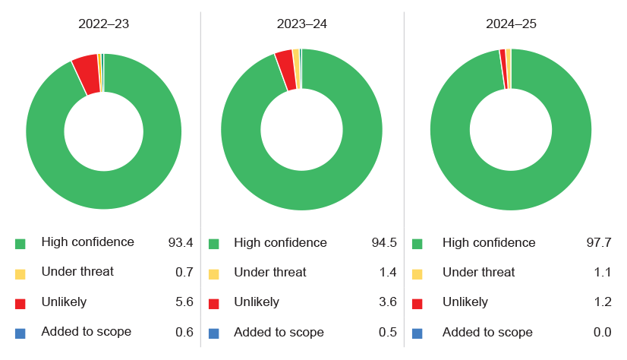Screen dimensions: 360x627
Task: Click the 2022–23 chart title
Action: (x=103, y=24)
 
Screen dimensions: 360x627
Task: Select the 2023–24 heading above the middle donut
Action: (x=302, y=24)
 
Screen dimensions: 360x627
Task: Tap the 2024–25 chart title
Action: (x=511, y=24)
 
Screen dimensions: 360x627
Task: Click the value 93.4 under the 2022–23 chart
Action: (x=181, y=243)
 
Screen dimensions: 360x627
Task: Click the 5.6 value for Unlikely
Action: (x=184, y=302)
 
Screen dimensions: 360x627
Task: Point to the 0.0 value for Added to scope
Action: (x=601, y=333)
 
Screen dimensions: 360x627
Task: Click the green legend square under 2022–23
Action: (x=20, y=244)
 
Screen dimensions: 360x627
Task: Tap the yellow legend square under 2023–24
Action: (x=214, y=273)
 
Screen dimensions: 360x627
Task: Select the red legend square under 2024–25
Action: (x=417, y=303)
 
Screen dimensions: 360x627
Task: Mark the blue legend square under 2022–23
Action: (x=20, y=333)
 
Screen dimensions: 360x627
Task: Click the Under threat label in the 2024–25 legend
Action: (x=478, y=273)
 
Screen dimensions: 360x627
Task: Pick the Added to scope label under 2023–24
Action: (x=279, y=333)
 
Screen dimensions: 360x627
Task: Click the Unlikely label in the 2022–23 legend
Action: (x=64, y=302)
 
